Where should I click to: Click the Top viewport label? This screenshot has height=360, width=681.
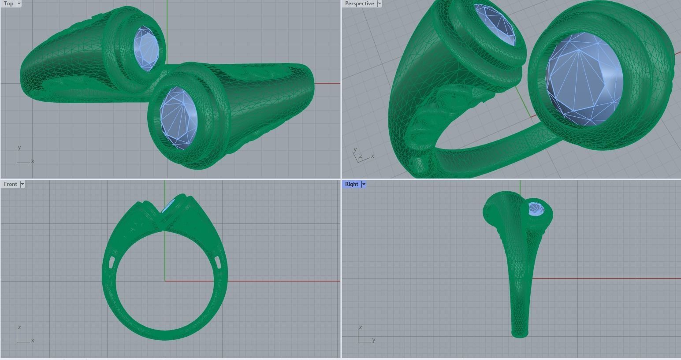tap(8, 4)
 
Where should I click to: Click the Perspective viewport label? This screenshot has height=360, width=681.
tap(359, 4)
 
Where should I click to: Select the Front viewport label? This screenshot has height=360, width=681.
tap(10, 184)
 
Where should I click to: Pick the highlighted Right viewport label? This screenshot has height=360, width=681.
tap(351, 184)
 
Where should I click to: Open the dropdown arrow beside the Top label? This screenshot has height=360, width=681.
tap(19, 4)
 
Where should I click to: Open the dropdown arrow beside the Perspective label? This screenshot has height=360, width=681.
tap(380, 4)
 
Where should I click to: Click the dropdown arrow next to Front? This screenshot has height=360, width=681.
tap(22, 184)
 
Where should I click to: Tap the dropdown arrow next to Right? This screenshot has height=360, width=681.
tap(364, 184)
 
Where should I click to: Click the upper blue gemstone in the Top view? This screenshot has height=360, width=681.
tap(146, 48)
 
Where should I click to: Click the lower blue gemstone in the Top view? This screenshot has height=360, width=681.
tap(179, 118)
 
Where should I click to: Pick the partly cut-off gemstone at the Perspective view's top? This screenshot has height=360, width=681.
tap(496, 22)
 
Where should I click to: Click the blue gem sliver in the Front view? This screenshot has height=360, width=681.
tap(168, 206)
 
